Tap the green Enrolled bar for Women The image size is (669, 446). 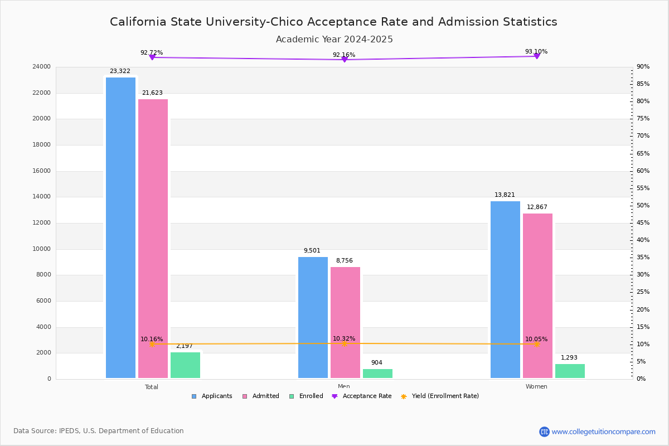click(570, 371)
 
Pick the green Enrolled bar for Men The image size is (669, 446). click(377, 374)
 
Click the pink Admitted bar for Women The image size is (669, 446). click(537, 295)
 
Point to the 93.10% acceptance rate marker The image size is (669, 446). click(536, 56)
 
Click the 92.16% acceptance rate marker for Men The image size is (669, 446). click(344, 59)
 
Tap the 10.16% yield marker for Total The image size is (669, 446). click(152, 344)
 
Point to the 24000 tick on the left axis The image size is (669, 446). click(41, 67)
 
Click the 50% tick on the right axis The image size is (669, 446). click(643, 206)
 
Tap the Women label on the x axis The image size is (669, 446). click(536, 387)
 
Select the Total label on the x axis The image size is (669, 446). click(152, 387)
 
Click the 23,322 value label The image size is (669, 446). click(120, 71)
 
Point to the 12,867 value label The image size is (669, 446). click(537, 207)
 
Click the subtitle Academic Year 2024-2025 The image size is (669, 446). click(334, 40)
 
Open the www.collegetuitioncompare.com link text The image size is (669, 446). click(603, 432)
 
